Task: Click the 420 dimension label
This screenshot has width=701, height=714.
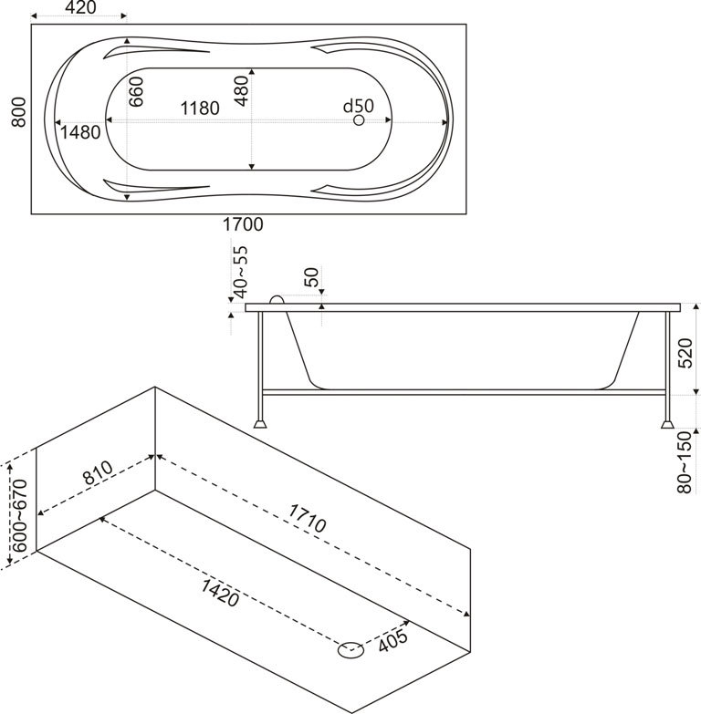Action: tap(80, 9)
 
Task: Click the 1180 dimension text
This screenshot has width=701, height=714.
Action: tap(198, 109)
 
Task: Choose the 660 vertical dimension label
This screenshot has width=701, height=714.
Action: tap(136, 92)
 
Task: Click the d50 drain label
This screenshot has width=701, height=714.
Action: tap(359, 106)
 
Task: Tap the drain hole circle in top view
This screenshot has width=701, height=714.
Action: tap(359, 120)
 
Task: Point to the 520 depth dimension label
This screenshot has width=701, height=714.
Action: tap(687, 350)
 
